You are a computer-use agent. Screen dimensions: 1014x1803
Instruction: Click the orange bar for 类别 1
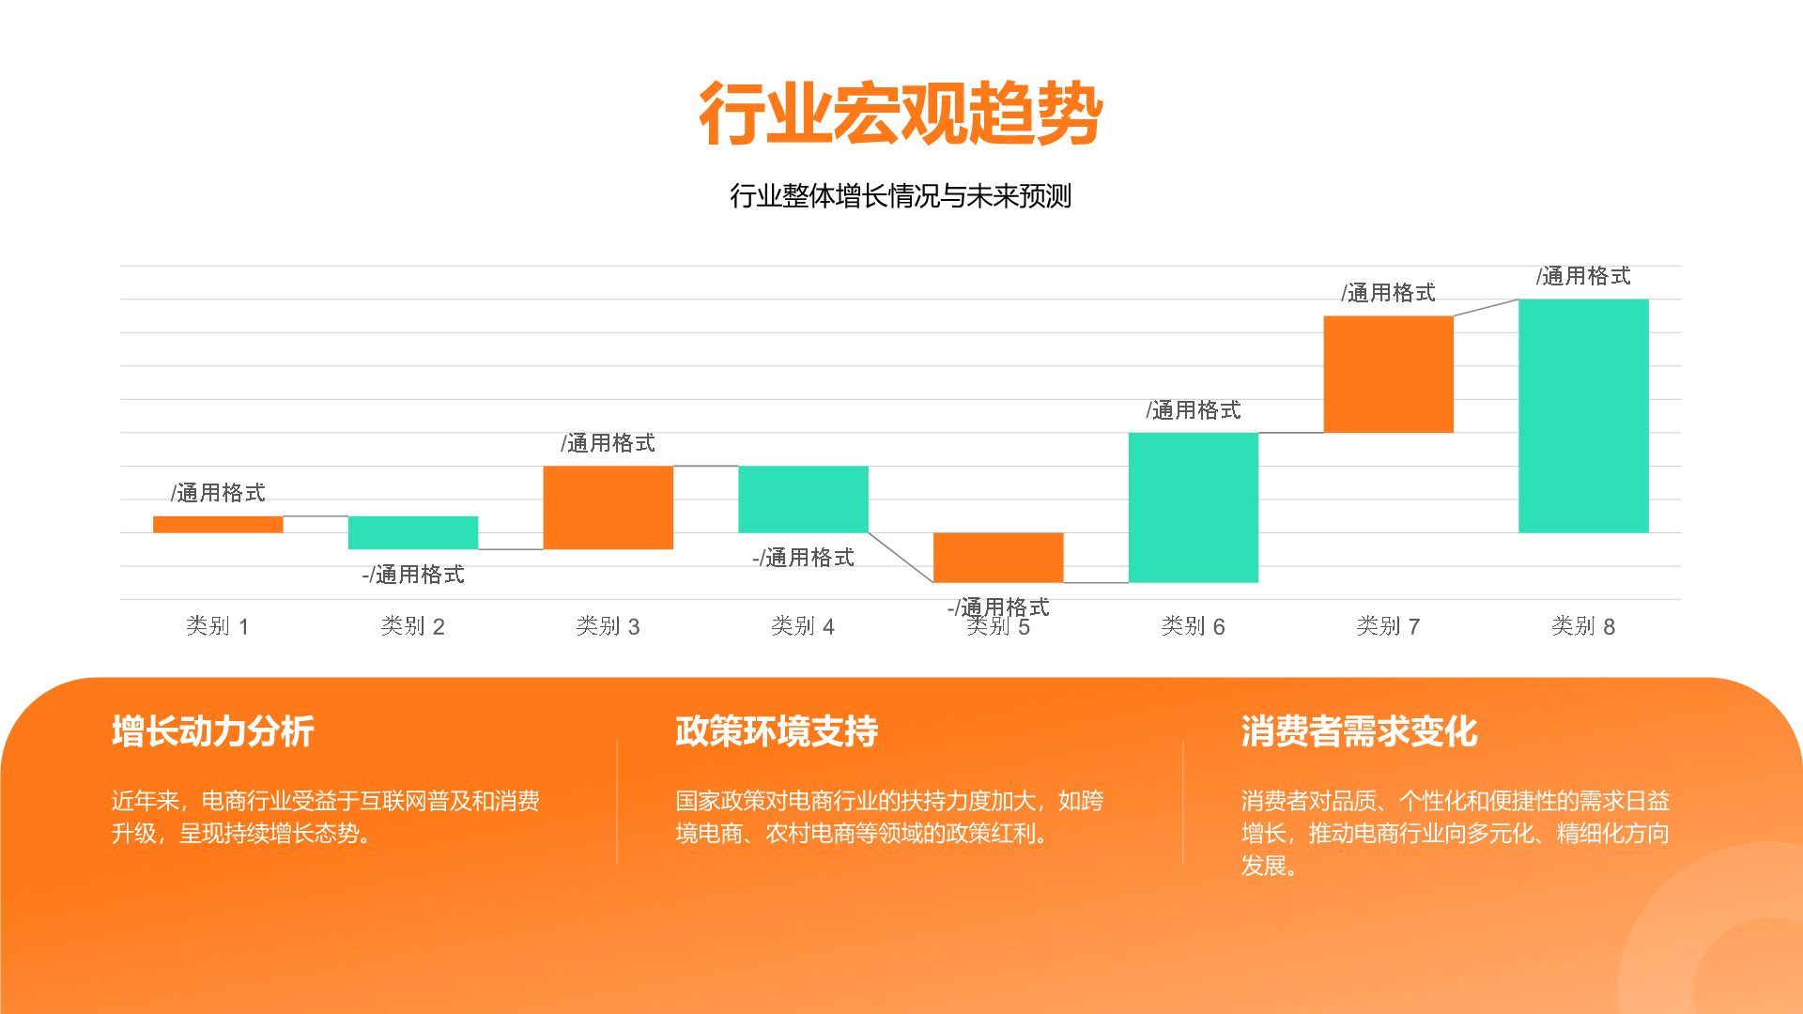[x=218, y=524]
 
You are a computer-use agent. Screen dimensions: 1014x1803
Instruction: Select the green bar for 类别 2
[x=412, y=532]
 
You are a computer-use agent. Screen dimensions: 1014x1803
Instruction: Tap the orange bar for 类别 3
[x=608, y=507]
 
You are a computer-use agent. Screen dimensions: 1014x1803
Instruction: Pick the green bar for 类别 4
[x=803, y=499]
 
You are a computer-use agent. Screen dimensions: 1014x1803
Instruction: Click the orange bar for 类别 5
[x=997, y=557]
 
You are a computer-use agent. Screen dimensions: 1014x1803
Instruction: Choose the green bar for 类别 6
[x=1193, y=507]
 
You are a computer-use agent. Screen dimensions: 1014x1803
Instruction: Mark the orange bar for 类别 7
[x=1388, y=374]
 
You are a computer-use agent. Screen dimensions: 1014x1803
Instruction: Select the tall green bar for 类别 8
[x=1583, y=415]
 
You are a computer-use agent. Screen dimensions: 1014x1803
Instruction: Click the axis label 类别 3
[x=608, y=626]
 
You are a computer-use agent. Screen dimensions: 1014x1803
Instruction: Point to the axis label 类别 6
[x=1193, y=626]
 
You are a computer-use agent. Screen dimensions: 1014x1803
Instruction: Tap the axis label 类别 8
[x=1583, y=626]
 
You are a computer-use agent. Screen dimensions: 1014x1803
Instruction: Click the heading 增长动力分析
[x=212, y=731]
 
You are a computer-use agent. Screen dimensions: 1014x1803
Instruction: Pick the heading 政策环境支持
[x=776, y=731]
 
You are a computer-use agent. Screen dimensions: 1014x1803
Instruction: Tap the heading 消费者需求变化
[x=1359, y=731]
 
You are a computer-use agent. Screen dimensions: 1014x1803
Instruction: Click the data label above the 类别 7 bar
[x=1388, y=293]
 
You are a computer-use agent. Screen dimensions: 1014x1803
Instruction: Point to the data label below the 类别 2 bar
[x=413, y=575]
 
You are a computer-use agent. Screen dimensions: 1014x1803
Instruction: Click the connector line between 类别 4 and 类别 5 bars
[x=901, y=558]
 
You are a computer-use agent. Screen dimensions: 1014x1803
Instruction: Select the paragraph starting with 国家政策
[x=888, y=817]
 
